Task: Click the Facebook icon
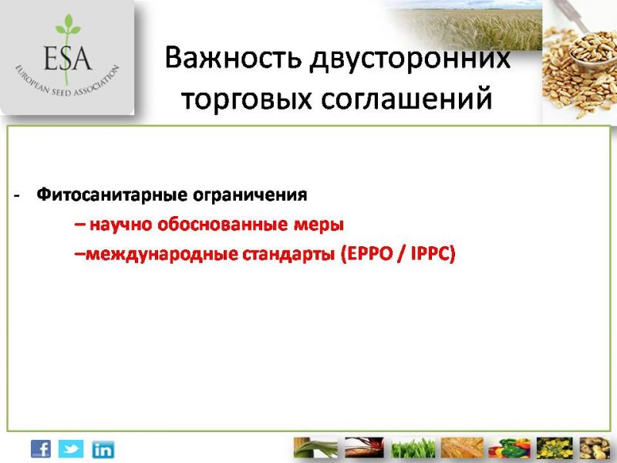pyautogui.click(x=41, y=449)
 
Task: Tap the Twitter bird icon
pyautogui.click(x=71, y=449)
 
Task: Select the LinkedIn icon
pyautogui.click(x=103, y=450)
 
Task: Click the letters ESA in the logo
pyautogui.click(x=67, y=58)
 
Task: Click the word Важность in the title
pyautogui.click(x=233, y=57)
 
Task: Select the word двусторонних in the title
pyautogui.click(x=410, y=60)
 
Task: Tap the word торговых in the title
pyautogui.click(x=247, y=100)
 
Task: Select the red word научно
pyautogui.click(x=121, y=225)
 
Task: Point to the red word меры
pyautogui.click(x=319, y=225)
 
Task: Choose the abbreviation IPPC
pyautogui.click(x=430, y=254)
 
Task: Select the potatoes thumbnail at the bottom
pyautogui.click(x=595, y=448)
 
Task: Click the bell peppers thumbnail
pyautogui.click(x=509, y=448)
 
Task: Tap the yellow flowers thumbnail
pyautogui.click(x=555, y=448)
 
